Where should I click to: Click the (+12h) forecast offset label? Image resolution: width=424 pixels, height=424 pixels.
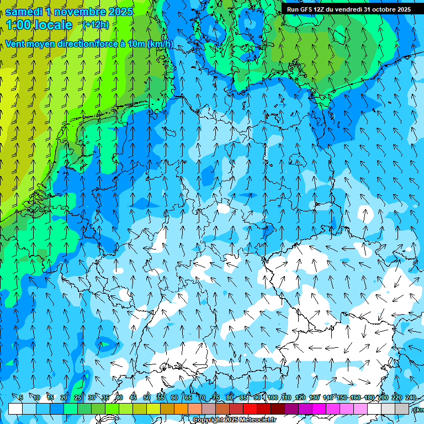click(96, 25)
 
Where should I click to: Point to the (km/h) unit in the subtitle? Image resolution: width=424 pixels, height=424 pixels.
click(160, 44)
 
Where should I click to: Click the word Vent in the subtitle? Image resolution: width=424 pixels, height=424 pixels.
click(15, 44)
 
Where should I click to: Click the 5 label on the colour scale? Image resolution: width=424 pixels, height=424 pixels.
click(20, 397)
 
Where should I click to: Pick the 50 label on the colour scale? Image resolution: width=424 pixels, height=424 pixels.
click(147, 397)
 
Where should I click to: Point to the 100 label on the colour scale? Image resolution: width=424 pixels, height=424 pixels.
click(272, 397)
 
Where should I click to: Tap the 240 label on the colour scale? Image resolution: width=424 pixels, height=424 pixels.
click(411, 397)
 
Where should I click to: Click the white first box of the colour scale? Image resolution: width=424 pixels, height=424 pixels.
click(15, 409)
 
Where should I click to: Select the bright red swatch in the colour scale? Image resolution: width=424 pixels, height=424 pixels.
click(250, 409)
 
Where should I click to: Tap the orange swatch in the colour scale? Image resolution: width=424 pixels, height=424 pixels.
click(181, 409)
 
